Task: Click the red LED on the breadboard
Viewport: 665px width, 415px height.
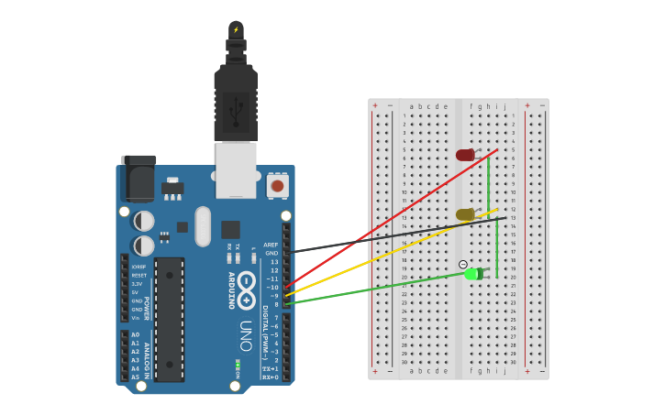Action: tap(465, 155)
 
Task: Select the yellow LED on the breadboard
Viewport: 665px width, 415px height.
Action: tap(465, 214)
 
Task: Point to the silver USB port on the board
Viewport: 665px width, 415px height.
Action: tap(236, 169)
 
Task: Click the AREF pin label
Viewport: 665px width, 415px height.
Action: tap(271, 245)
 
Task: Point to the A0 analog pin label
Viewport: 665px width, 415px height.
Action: tap(135, 335)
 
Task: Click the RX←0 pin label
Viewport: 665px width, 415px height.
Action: tap(270, 377)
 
